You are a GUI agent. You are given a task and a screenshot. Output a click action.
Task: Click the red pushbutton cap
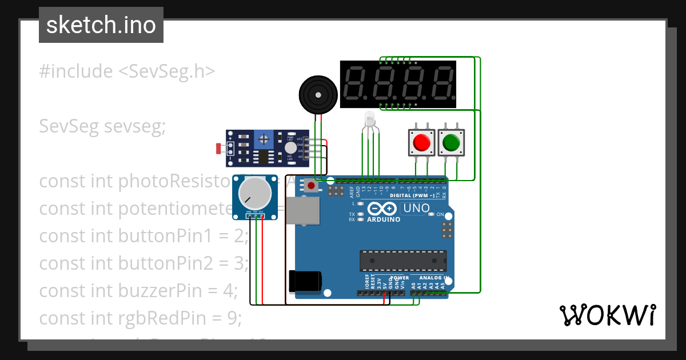(422, 142)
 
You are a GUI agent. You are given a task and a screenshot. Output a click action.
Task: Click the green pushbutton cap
(452, 142)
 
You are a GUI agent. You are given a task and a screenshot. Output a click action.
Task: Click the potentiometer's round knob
(255, 193)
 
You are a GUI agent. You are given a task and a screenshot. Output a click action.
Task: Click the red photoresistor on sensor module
(218, 149)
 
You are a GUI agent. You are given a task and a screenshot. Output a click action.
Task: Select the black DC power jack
(305, 281)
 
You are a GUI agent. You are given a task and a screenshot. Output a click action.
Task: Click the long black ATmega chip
(404, 261)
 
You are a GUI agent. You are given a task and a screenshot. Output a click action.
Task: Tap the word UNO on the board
(416, 209)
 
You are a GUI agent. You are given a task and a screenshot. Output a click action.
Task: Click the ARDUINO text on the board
(383, 219)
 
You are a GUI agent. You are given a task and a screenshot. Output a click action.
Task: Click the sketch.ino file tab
(101, 25)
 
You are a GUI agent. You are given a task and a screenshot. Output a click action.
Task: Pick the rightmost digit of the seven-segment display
(442, 83)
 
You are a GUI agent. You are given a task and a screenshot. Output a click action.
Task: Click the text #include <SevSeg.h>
(127, 71)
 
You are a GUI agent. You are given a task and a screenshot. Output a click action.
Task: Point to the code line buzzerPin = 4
(138, 290)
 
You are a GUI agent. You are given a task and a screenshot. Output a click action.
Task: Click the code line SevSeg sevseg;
(102, 126)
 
